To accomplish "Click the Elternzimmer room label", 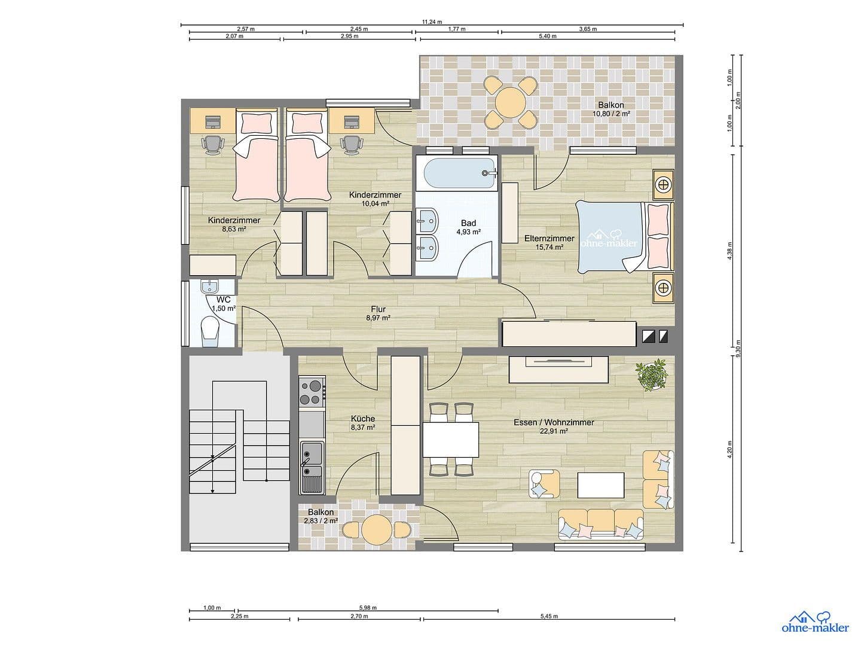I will coord(549,242).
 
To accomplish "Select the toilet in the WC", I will coord(210,331).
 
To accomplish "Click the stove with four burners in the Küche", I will coord(312,392).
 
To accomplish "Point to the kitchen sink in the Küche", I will coord(311,459).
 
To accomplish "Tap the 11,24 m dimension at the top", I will coord(429,22).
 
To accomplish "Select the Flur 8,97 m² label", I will coord(378,313).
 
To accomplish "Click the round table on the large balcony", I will coord(509,103).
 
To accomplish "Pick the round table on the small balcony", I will coord(376,529).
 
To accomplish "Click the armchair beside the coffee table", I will coord(544,484).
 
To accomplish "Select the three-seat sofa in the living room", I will coord(601,524).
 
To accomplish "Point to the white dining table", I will coord(451,440).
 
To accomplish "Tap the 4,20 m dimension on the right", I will coord(729,450).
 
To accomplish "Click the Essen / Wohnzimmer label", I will coord(554,426).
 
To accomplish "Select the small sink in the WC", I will coord(210,287).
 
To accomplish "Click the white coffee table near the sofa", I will coord(601,485).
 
